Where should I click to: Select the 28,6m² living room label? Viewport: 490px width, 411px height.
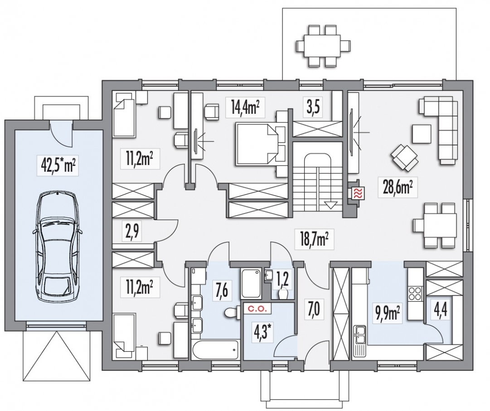[x=398, y=188]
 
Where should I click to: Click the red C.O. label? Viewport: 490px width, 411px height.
[x=256, y=309]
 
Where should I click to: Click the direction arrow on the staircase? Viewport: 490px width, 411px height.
[x=331, y=205]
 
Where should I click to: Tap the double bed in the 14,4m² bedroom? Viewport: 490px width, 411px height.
[x=262, y=143]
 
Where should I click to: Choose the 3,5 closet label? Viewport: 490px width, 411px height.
[x=313, y=108]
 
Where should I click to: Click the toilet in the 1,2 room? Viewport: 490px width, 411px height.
[x=283, y=294]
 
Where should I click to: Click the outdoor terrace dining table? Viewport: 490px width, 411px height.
[x=322, y=46]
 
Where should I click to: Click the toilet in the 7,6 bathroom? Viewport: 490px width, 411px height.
[x=232, y=312]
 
